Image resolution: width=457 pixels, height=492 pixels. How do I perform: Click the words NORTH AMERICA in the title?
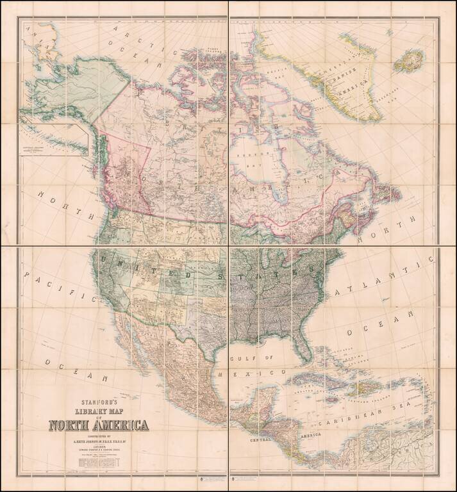[x=99, y=425]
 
